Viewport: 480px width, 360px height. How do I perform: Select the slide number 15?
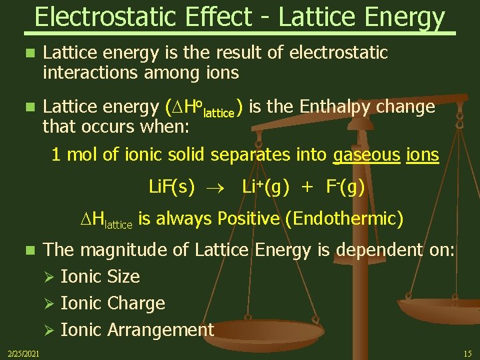point(467,353)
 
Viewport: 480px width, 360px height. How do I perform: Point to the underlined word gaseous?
point(365,155)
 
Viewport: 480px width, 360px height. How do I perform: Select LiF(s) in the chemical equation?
point(171,187)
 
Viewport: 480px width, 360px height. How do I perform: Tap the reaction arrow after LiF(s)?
point(219,188)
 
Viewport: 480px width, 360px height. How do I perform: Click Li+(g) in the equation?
point(265,187)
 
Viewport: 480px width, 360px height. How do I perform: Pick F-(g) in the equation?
point(345,187)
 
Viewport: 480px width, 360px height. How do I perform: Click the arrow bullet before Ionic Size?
point(47,277)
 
